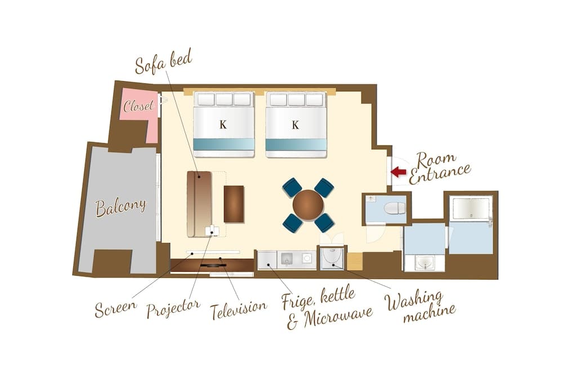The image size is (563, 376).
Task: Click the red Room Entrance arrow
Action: [398, 172]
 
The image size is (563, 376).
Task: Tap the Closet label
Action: [138, 105]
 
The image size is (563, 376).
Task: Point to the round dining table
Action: [308, 205]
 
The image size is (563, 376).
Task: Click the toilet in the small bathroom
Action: [394, 208]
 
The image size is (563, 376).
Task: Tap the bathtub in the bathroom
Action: [471, 208]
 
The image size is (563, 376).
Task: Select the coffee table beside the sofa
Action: [234, 204]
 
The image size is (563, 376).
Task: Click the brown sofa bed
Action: [199, 204]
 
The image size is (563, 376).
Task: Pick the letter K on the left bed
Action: [223, 125]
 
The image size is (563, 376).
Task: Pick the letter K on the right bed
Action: [295, 125]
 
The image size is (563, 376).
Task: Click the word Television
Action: [239, 310]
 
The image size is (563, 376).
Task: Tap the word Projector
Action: [173, 308]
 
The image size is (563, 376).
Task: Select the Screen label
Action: [115, 308]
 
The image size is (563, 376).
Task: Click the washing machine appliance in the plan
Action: [332, 257]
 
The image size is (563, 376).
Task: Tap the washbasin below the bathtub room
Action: [425, 262]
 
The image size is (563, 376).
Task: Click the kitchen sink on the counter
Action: [287, 259]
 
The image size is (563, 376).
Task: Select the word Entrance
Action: [440, 174]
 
